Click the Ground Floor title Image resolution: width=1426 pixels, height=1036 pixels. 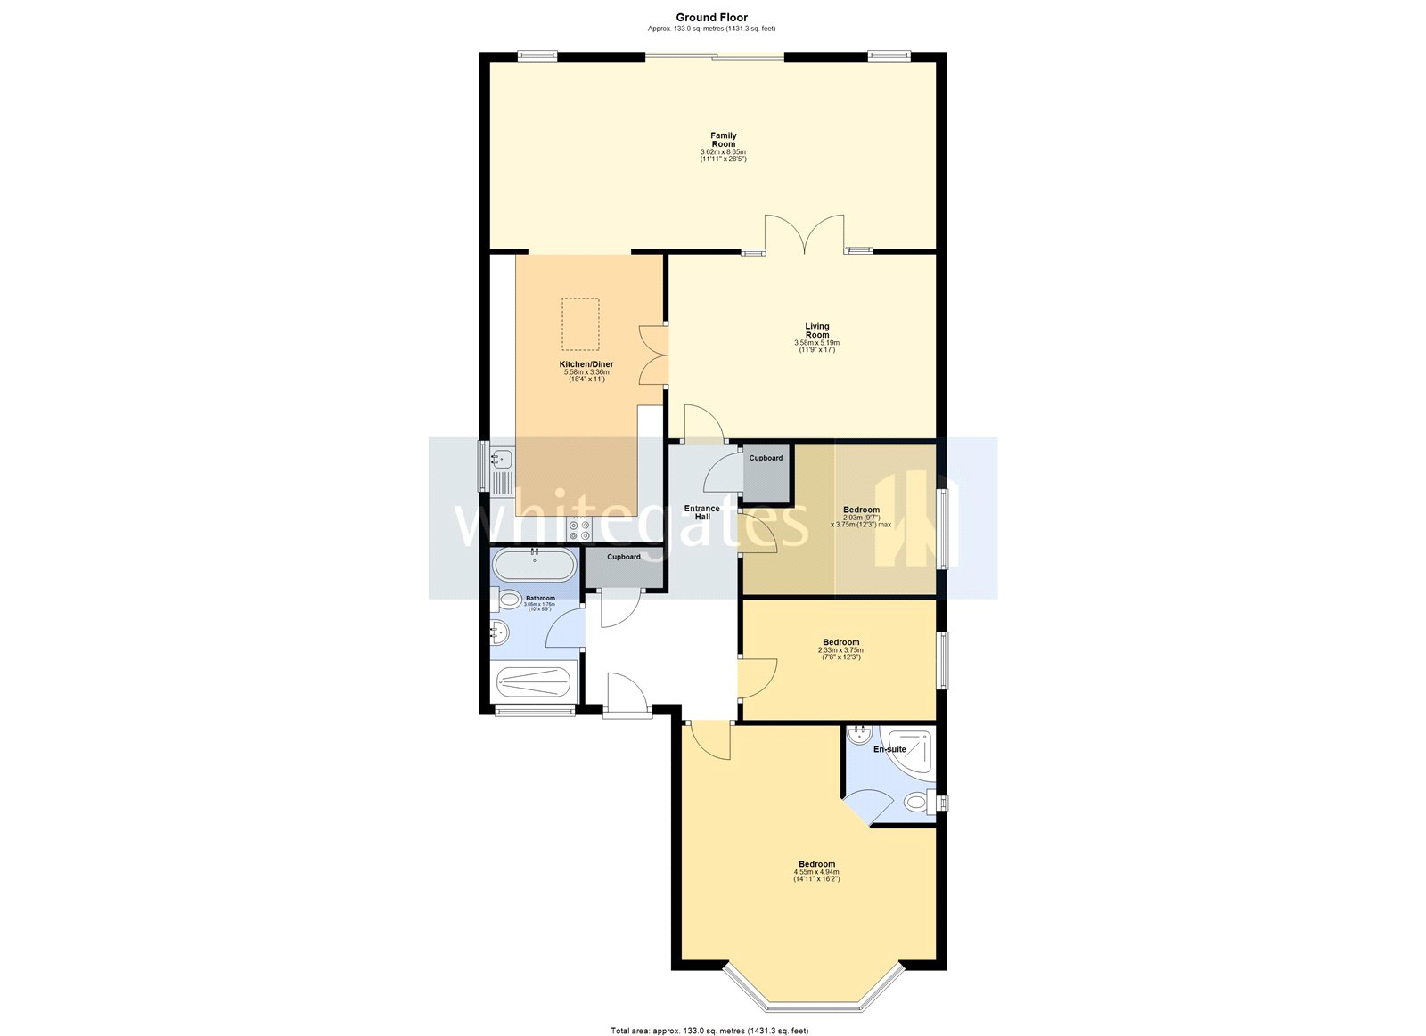click(x=711, y=18)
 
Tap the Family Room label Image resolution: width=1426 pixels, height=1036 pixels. click(x=723, y=140)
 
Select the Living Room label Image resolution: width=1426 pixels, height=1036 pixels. click(x=816, y=330)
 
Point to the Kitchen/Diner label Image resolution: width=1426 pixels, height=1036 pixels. click(x=586, y=364)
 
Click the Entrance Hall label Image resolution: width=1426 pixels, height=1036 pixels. click(x=701, y=512)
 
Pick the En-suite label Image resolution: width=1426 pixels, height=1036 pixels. click(x=889, y=749)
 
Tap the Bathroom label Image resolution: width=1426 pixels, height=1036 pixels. click(x=540, y=598)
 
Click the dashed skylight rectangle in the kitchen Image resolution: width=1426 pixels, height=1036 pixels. click(x=580, y=323)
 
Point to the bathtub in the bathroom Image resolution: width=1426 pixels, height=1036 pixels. click(x=535, y=565)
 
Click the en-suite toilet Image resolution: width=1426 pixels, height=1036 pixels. click(x=916, y=803)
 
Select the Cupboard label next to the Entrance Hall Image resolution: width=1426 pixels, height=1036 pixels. click(x=766, y=458)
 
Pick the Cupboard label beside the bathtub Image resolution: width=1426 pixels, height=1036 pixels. click(x=623, y=557)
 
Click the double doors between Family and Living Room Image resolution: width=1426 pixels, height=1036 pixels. click(x=804, y=235)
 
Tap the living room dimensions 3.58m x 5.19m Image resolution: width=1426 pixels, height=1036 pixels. click(x=816, y=343)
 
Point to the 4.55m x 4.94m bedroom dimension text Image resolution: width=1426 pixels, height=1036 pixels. click(x=816, y=872)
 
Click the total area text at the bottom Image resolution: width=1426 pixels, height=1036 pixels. click(x=709, y=1031)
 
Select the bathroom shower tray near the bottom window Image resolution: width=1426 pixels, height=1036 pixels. click(x=533, y=683)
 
